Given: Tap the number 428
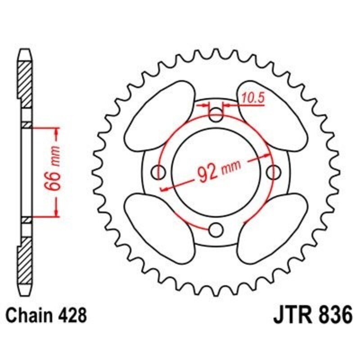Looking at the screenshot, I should pyautogui.click(x=71, y=315).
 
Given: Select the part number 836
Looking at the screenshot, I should pyautogui.click(x=331, y=315).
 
